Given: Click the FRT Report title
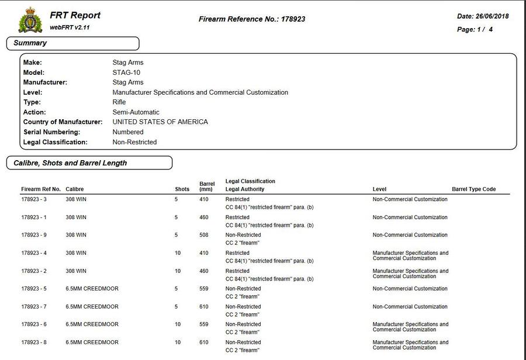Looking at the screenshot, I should (x=75, y=15).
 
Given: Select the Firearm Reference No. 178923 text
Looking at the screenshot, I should (x=252, y=19).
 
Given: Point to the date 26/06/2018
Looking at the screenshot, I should (x=483, y=16).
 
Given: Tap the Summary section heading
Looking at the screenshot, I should (x=30, y=43).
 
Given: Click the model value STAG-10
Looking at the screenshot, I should (x=126, y=72).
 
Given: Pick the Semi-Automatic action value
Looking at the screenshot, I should (x=136, y=112).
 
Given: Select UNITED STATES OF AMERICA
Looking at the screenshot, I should (x=160, y=122).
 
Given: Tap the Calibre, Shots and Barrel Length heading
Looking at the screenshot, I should (x=70, y=163).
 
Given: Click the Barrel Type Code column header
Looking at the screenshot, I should (x=474, y=189).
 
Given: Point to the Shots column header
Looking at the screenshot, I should (x=182, y=189).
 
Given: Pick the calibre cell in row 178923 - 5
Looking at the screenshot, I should (x=92, y=289).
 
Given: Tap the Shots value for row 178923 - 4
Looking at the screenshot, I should (x=178, y=253).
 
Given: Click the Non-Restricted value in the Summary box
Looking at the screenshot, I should (x=134, y=142).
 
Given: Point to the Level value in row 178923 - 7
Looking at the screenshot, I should (x=410, y=307).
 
